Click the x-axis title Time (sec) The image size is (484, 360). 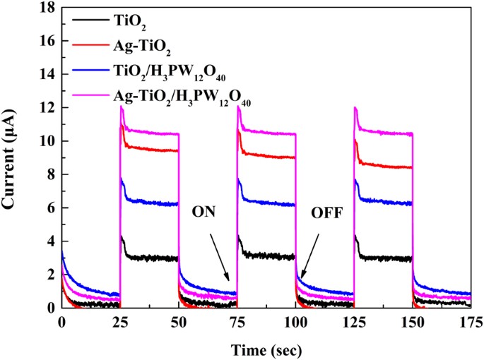266,347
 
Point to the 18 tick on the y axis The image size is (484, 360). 47,8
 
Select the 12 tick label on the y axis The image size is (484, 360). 47,108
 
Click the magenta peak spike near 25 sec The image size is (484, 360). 122,107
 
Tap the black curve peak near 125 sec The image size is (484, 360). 355,236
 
